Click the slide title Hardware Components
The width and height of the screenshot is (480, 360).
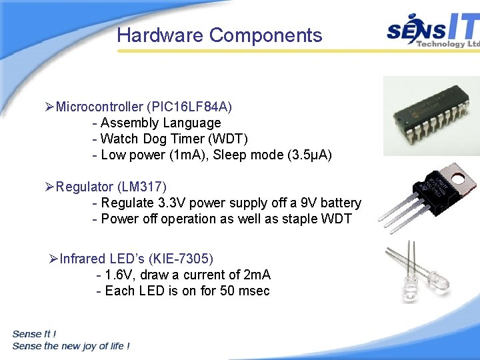coord(219,35)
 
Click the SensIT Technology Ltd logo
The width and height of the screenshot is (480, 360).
coord(433,31)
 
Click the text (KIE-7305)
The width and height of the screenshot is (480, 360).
coord(181,259)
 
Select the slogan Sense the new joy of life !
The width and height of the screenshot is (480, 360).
coord(71,346)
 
